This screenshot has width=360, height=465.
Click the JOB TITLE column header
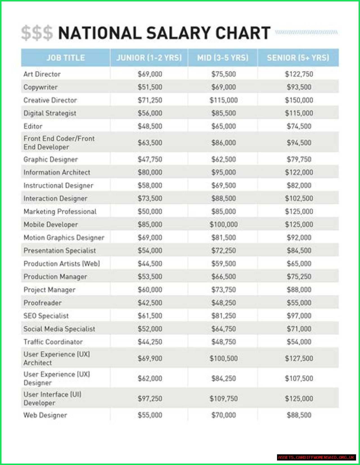click(66, 58)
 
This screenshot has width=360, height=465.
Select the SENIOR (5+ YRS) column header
click(298, 58)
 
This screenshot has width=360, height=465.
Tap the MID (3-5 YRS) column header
click(223, 58)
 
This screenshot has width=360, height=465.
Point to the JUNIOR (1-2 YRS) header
click(149, 58)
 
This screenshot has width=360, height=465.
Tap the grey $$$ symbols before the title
click(37, 33)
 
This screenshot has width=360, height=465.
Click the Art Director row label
click(42, 74)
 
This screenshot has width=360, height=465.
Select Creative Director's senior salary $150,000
click(299, 100)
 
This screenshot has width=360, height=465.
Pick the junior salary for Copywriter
click(150, 87)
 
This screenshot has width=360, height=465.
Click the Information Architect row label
click(57, 173)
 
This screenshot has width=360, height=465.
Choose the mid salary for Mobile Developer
click(224, 224)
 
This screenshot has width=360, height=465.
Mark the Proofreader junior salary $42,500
click(150, 303)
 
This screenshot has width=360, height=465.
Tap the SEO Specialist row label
click(46, 316)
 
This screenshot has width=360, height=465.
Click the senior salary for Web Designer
click(299, 415)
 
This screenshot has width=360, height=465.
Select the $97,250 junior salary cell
click(150, 399)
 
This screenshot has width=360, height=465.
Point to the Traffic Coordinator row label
click(53, 342)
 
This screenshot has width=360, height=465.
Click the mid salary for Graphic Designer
click(224, 160)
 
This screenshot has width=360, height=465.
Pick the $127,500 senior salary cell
click(299, 359)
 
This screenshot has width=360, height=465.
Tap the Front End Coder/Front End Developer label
click(59, 143)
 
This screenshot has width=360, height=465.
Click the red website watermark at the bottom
click(316, 457)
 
